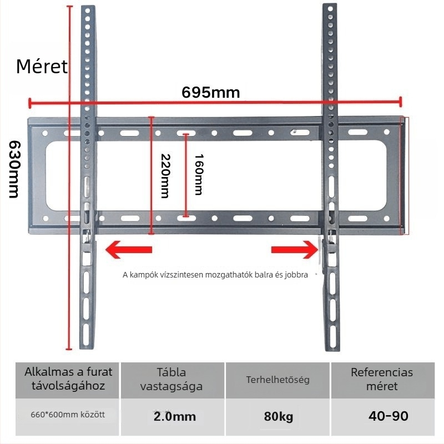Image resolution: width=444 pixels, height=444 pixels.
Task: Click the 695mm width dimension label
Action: pos(211,92)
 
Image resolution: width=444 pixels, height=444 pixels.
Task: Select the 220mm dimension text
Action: pos(165,176)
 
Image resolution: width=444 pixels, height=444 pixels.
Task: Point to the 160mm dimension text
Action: pos(199,174)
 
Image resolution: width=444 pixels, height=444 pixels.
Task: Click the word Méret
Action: pos(42,67)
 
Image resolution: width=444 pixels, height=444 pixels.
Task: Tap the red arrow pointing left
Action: pos(129,249)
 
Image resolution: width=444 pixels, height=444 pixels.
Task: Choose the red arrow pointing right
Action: pos(295,249)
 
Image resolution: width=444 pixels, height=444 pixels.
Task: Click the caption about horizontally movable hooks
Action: pos(215,275)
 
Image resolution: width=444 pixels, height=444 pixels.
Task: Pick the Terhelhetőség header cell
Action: pos(277,380)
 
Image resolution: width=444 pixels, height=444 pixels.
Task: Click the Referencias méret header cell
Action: pos(382,380)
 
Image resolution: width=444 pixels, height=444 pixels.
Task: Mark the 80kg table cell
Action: pos(279,417)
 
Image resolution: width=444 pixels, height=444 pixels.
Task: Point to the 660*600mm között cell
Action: pos(68,415)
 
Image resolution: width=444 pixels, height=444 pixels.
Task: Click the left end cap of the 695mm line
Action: pos(29,103)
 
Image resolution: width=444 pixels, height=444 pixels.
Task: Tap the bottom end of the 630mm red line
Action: pos(69,349)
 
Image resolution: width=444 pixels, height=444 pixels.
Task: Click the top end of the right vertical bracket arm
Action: pos(330,5)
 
